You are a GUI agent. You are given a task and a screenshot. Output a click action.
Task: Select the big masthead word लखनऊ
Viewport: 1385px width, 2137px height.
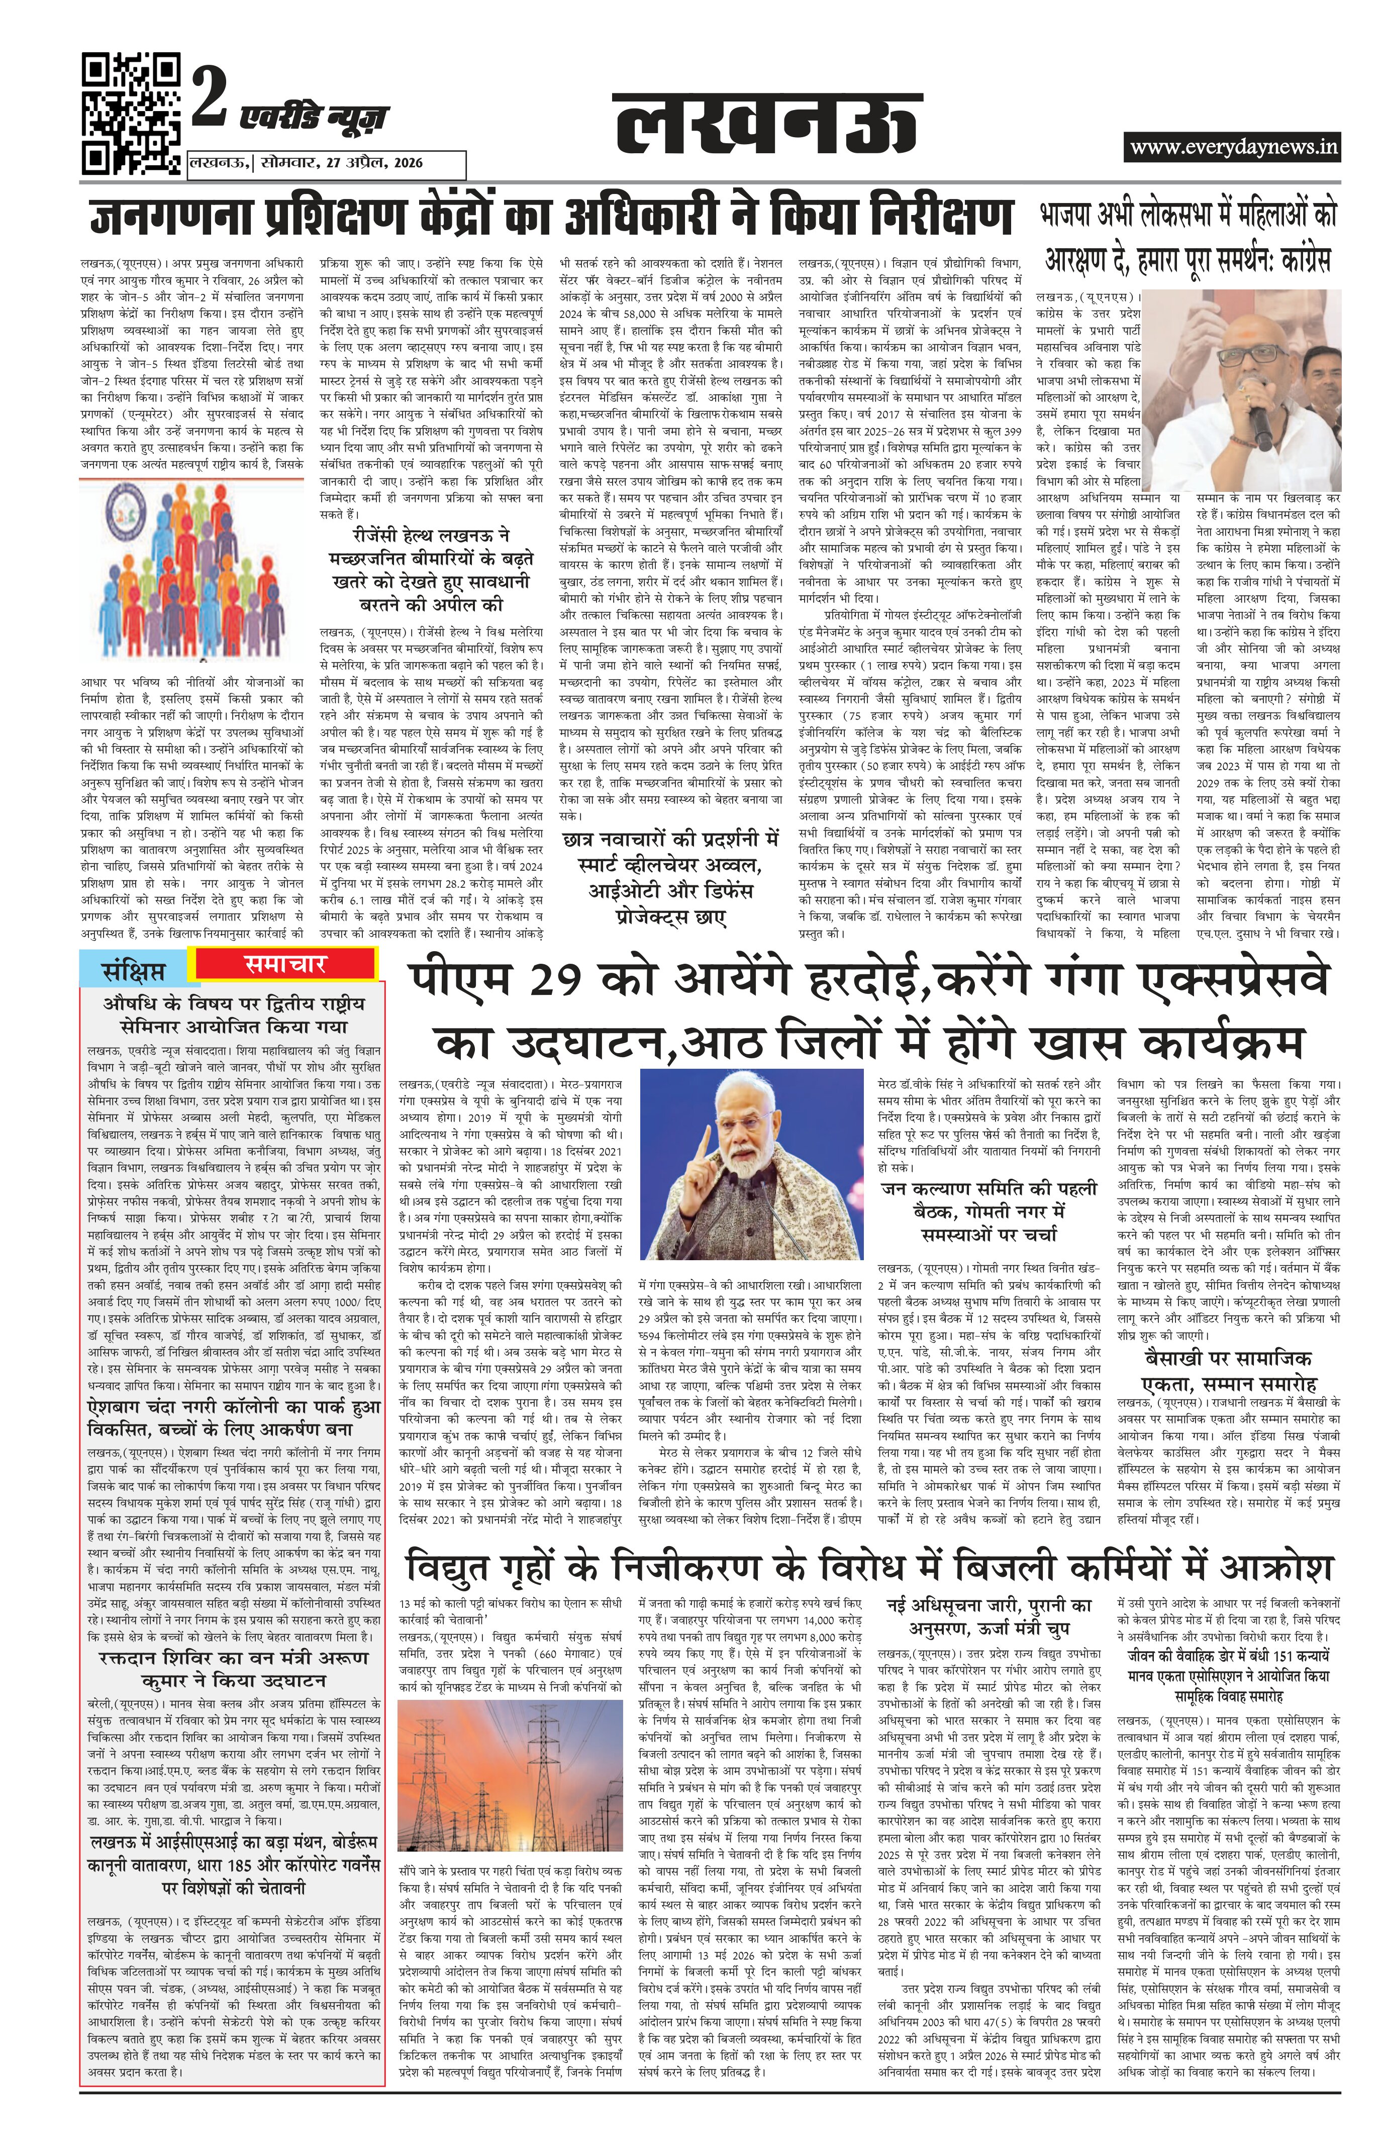tap(765, 126)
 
